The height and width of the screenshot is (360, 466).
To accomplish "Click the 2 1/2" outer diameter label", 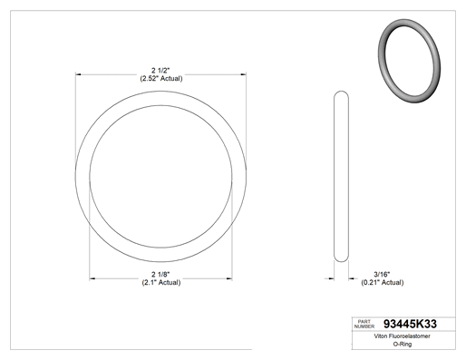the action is [x=160, y=71].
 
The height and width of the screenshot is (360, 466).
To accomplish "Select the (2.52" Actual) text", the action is [x=161, y=79].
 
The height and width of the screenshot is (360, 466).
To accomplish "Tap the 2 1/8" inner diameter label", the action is [x=160, y=275].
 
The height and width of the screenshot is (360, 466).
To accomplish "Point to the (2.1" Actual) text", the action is [x=161, y=283].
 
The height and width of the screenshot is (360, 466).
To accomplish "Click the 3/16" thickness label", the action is [x=382, y=275].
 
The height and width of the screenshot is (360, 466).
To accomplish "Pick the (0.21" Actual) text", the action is [x=383, y=283].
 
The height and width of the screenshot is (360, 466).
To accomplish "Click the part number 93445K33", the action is [x=410, y=324].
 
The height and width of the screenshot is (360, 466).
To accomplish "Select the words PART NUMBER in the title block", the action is [x=364, y=324].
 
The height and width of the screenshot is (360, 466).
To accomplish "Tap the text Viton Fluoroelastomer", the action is [x=402, y=336].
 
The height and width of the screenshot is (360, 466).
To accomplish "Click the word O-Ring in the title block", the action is [x=403, y=344].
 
